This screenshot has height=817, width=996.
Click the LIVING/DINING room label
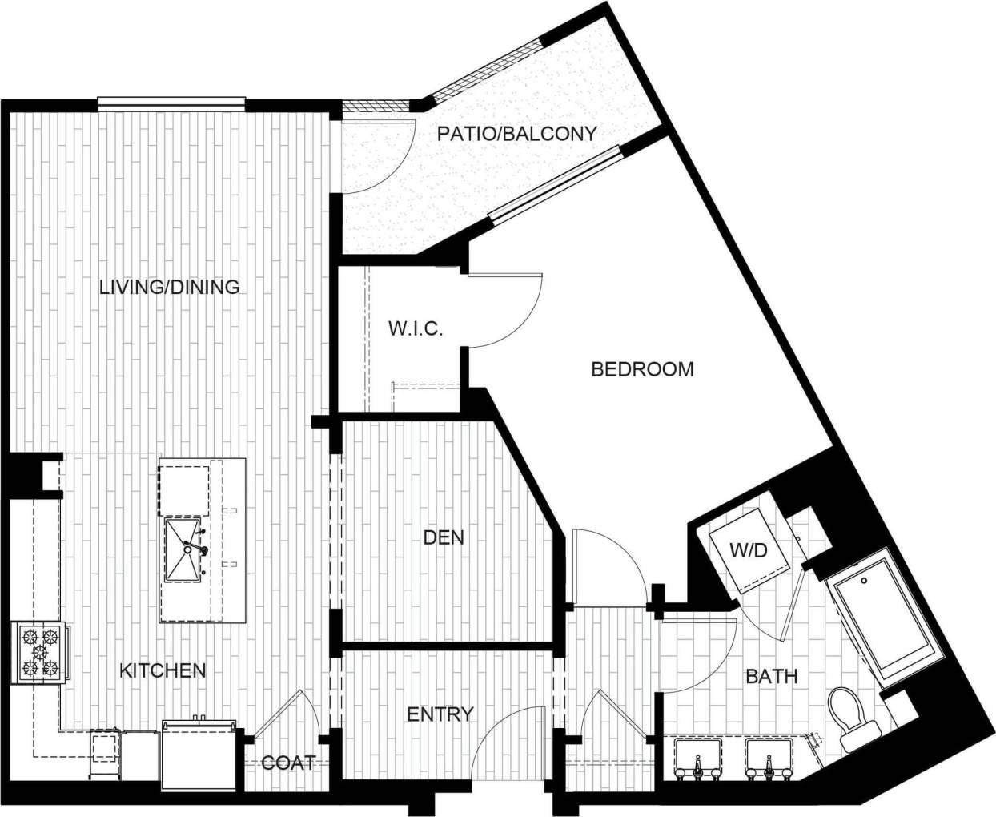coord(169,287)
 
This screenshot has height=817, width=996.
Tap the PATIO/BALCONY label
coord(516,134)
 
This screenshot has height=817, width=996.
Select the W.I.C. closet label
coord(416,328)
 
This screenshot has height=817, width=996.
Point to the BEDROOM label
coord(642,369)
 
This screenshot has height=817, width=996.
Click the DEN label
coord(444,537)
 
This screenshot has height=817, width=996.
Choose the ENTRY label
coord(440,714)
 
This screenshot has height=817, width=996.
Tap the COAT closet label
coord(288,763)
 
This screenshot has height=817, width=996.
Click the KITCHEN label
coord(163,670)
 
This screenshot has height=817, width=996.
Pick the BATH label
coord(771,677)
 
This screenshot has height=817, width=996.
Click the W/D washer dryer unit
coord(748,551)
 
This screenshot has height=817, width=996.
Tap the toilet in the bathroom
coord(850,717)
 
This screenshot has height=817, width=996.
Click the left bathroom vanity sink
coord(697,758)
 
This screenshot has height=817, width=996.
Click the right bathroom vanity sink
coord(767,758)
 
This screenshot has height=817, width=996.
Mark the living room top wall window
coord(171,103)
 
